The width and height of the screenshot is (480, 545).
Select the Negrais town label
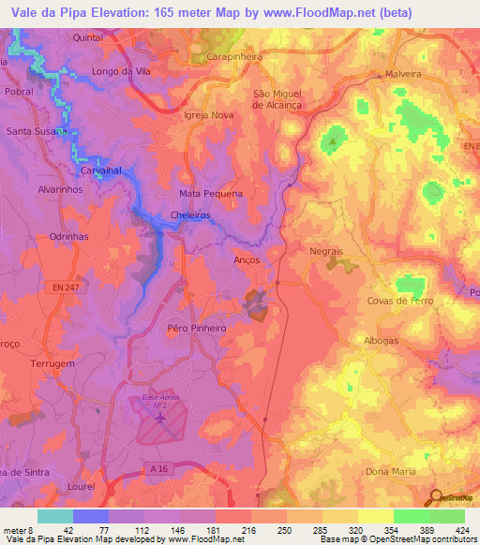pos(327,253)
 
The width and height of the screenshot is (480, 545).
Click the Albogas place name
pos(383,343)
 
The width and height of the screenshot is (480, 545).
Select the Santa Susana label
pos(36,131)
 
